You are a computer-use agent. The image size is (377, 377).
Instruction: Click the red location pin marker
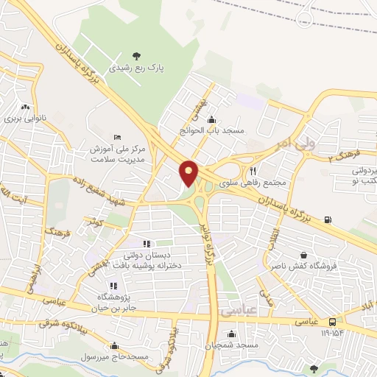coord(189,173)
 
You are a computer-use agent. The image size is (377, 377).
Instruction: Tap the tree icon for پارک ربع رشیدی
coord(135,55)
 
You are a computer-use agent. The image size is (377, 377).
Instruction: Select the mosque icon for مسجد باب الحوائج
coord(213,119)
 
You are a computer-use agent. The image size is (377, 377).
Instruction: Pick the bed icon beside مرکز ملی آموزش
coord(117,137)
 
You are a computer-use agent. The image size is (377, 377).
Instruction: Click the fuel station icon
coord(327,219)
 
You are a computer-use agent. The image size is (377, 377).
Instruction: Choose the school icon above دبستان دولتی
coord(146,244)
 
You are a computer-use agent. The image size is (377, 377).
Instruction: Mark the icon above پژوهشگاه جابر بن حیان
coord(113,286)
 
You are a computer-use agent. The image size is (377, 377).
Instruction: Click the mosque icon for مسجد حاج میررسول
coord(113,345)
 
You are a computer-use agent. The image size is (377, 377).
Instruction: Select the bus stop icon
coord(334,322)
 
